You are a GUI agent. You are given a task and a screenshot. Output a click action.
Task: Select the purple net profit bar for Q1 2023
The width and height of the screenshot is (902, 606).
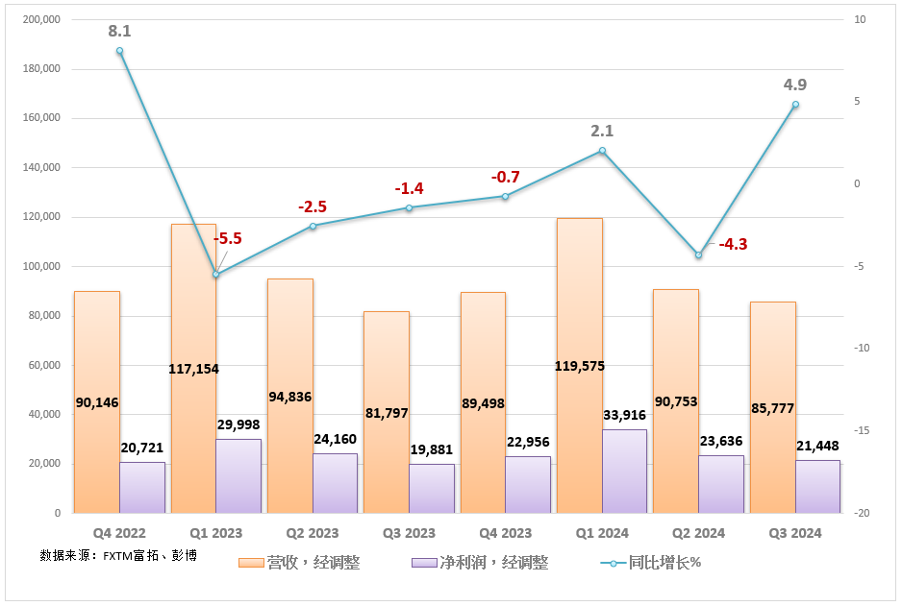pyautogui.click(x=238, y=476)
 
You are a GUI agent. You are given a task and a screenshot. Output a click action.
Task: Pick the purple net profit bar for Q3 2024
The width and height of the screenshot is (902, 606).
pyautogui.click(x=817, y=487)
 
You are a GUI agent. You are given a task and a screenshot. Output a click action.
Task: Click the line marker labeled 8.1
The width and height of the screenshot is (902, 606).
pyautogui.click(x=120, y=51)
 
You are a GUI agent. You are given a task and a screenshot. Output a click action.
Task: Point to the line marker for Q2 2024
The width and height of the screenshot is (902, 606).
pyautogui.click(x=699, y=255)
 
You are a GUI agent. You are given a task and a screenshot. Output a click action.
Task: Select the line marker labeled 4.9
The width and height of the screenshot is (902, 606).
pyautogui.click(x=795, y=104)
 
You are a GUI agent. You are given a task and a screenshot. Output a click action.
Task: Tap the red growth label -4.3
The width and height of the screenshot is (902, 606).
pyautogui.click(x=732, y=244)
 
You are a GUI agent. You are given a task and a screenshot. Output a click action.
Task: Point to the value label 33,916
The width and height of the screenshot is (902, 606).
pyautogui.click(x=624, y=415)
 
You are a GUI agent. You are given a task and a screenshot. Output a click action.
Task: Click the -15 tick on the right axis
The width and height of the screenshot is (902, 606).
pyautogui.click(x=861, y=431)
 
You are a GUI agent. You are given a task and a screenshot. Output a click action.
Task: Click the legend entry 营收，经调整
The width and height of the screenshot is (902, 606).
pyautogui.click(x=299, y=563)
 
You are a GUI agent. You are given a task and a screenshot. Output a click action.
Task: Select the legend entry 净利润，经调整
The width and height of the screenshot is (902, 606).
pyautogui.click(x=479, y=563)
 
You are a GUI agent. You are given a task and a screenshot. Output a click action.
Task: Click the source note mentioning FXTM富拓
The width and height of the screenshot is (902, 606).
pyautogui.click(x=118, y=555)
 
